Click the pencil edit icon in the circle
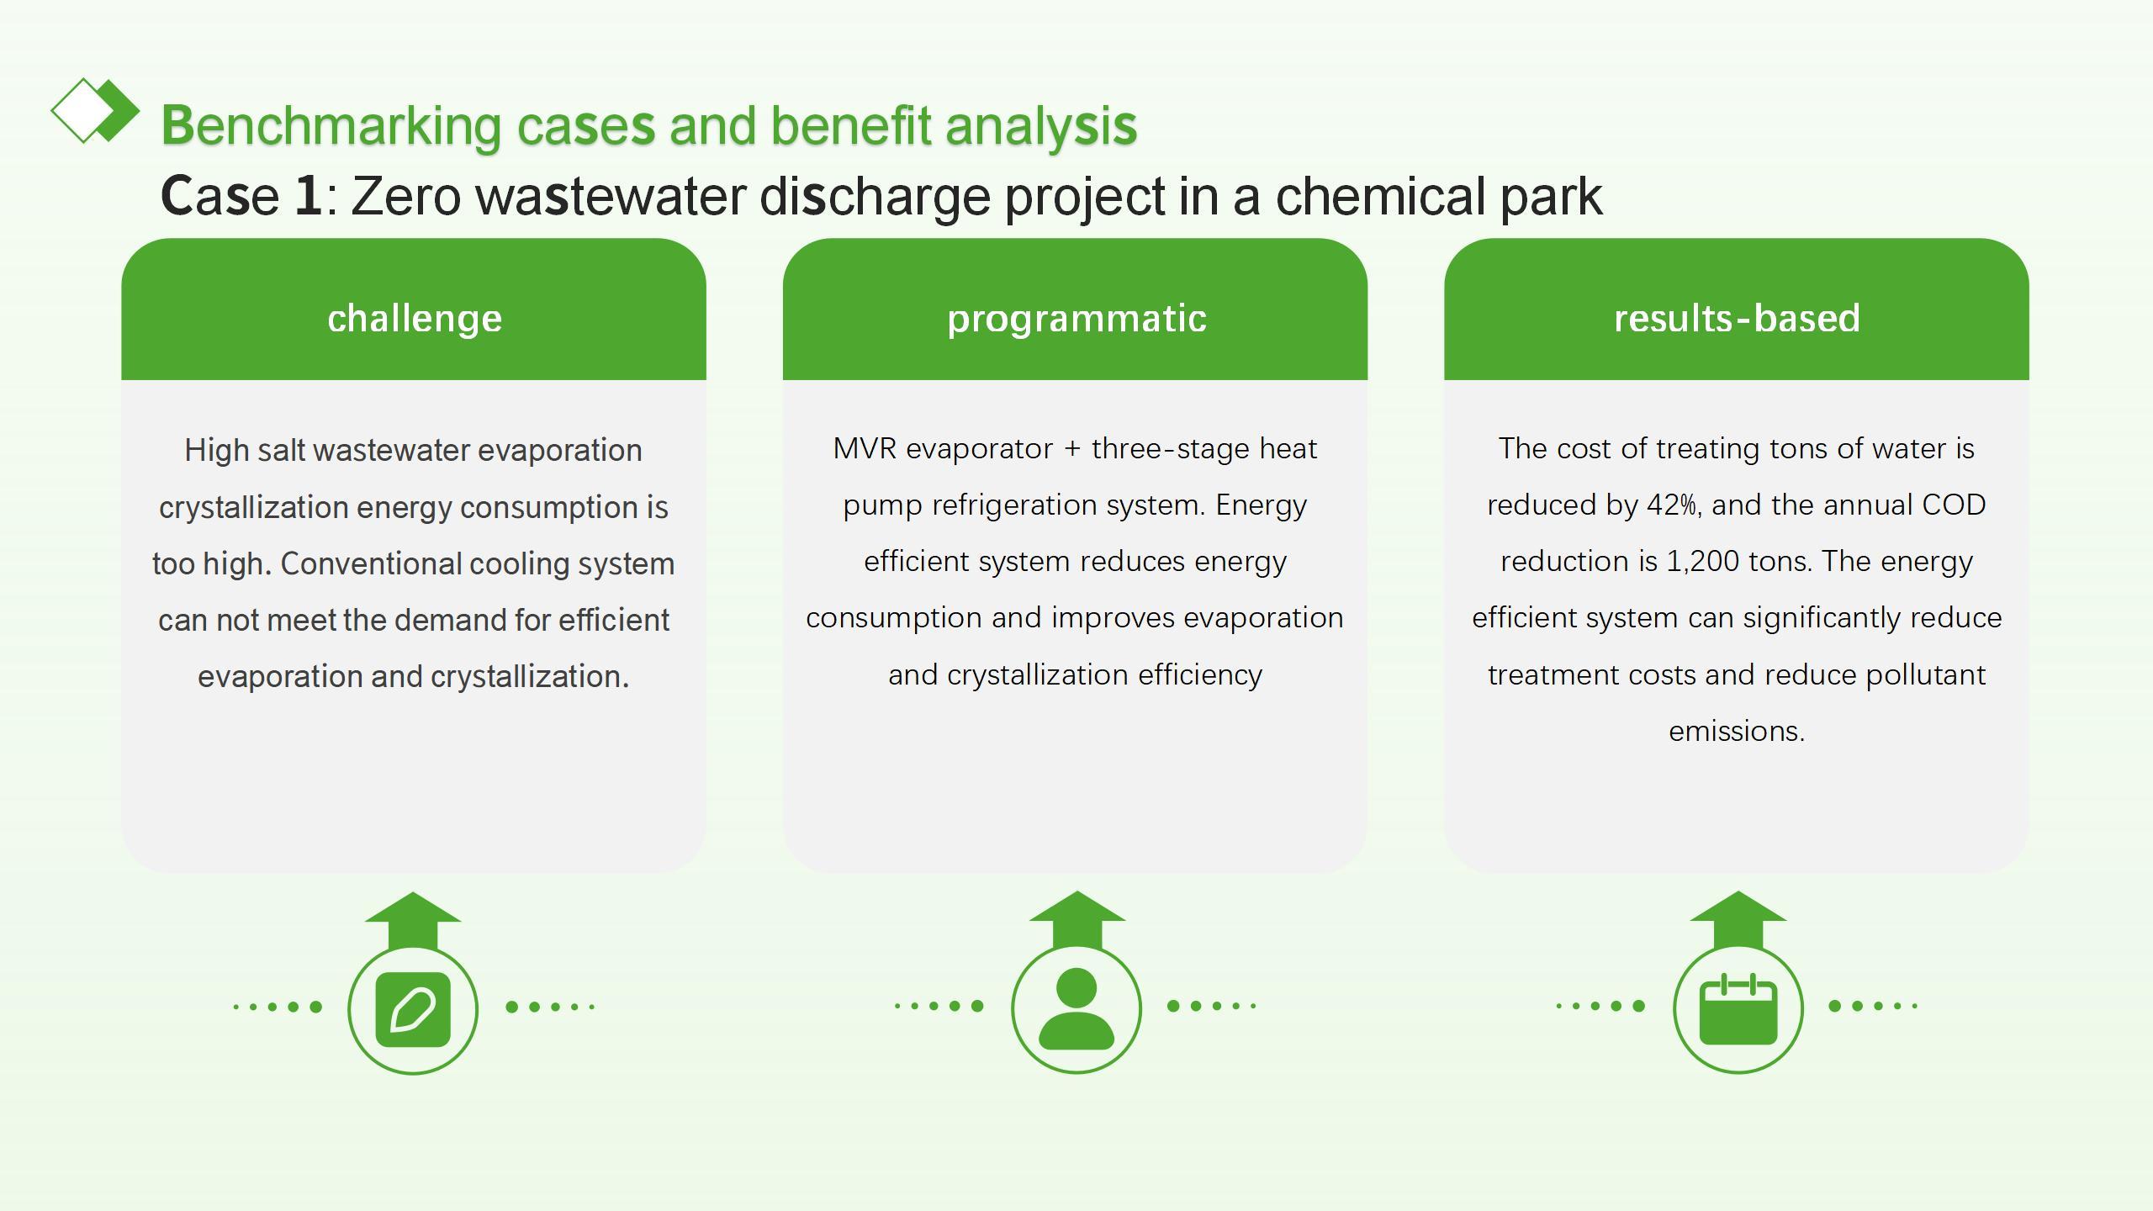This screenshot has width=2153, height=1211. (413, 1010)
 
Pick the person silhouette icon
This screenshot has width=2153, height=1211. (1076, 1008)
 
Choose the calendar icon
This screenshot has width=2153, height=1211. (1738, 1008)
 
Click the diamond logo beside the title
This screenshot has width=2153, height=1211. (95, 110)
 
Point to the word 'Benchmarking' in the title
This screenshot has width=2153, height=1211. (331, 126)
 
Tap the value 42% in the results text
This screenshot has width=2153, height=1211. (1671, 505)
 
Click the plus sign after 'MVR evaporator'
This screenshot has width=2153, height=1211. (1071, 449)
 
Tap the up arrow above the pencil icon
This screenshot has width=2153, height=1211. (413, 921)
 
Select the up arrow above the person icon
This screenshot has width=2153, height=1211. (1076, 920)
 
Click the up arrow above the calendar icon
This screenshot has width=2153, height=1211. (1738, 920)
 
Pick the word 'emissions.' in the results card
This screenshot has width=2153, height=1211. (1737, 731)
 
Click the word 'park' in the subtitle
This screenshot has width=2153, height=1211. (1553, 198)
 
